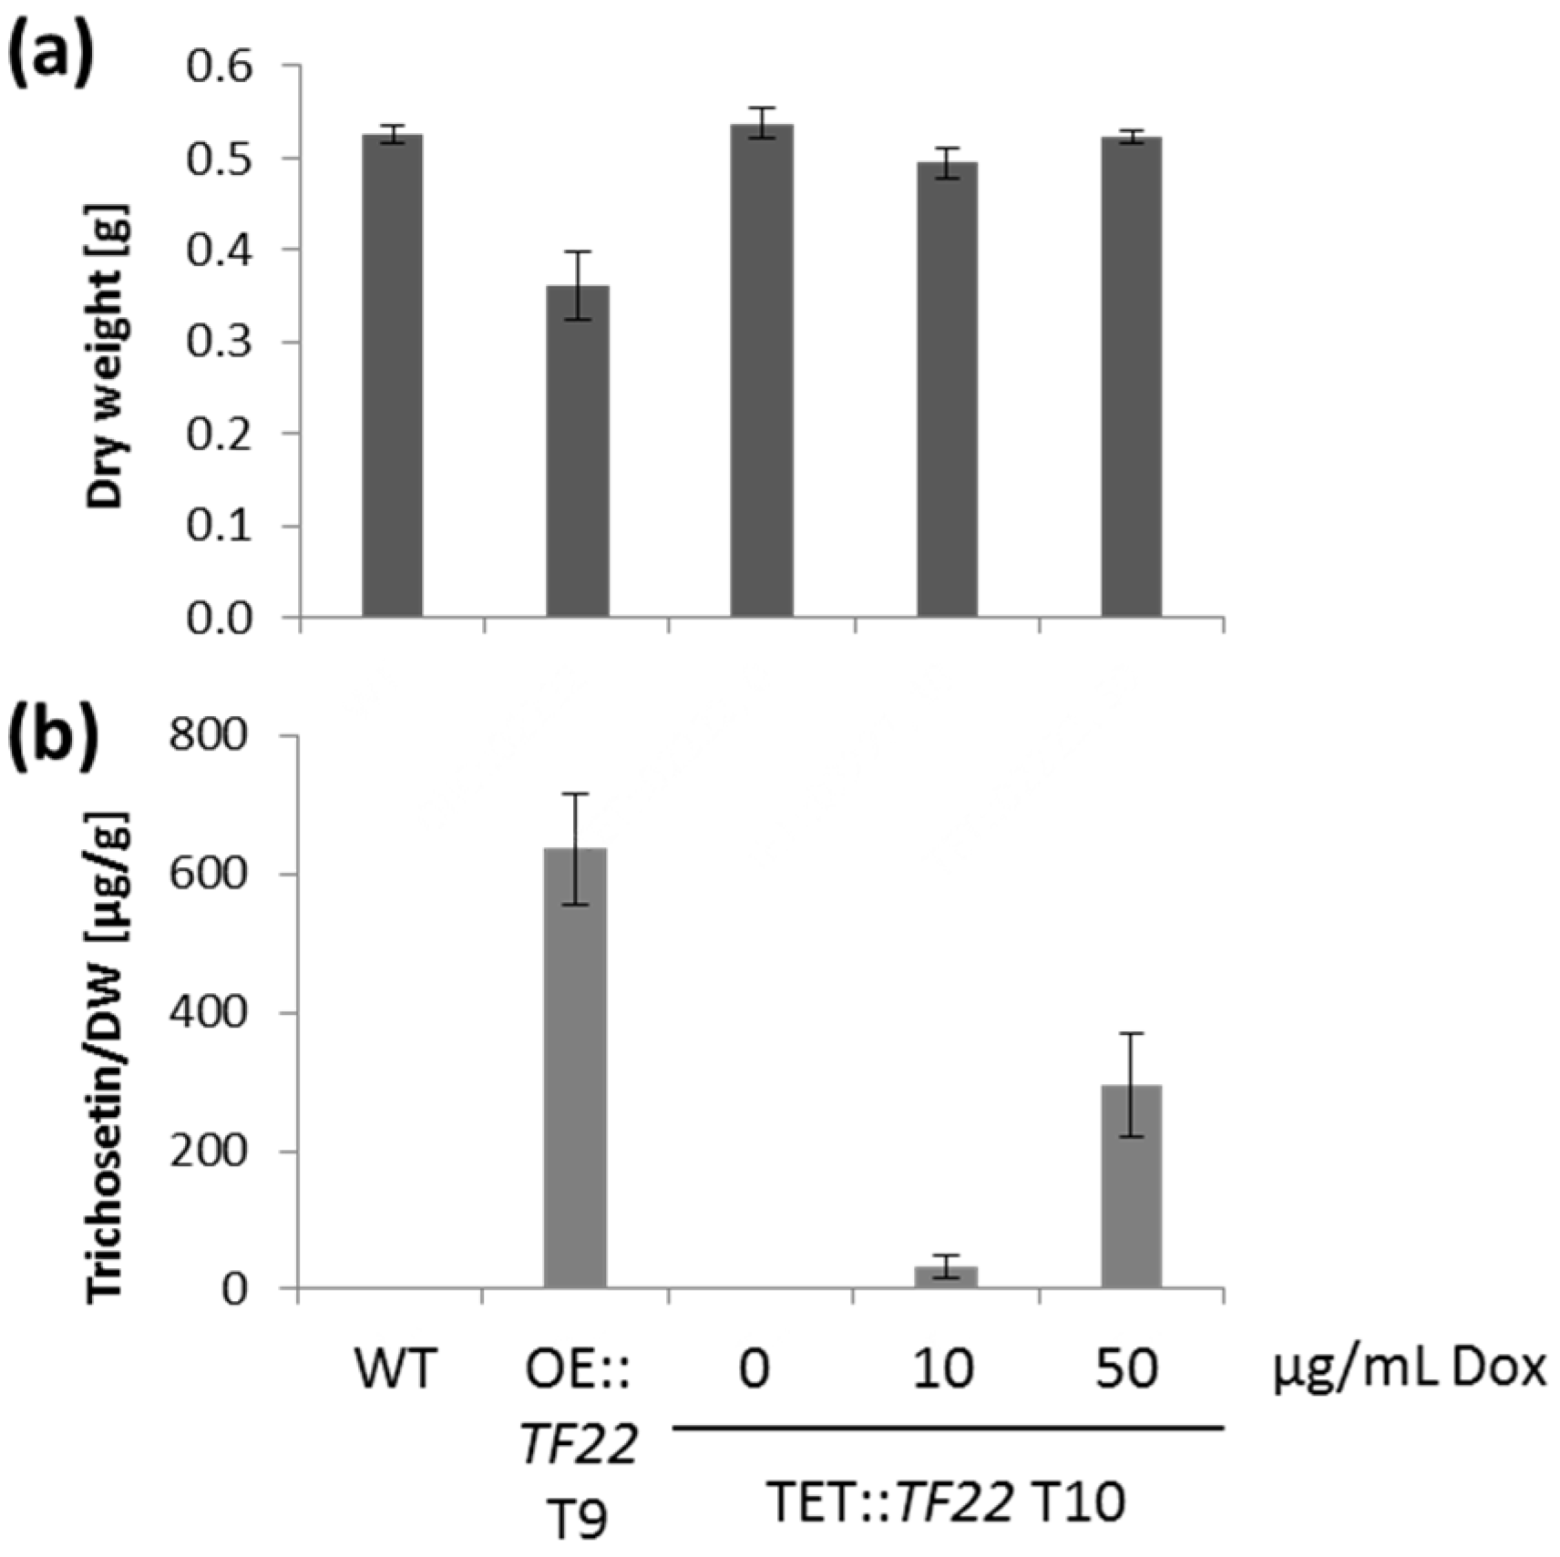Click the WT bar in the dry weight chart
point(392,375)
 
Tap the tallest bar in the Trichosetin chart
point(575,1068)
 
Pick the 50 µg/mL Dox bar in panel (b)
point(1131,1186)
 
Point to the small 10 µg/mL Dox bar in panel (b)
point(946,1276)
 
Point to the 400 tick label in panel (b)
point(209,1013)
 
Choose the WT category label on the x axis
point(396,1369)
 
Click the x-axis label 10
point(943,1369)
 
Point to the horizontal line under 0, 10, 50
point(948,1429)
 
